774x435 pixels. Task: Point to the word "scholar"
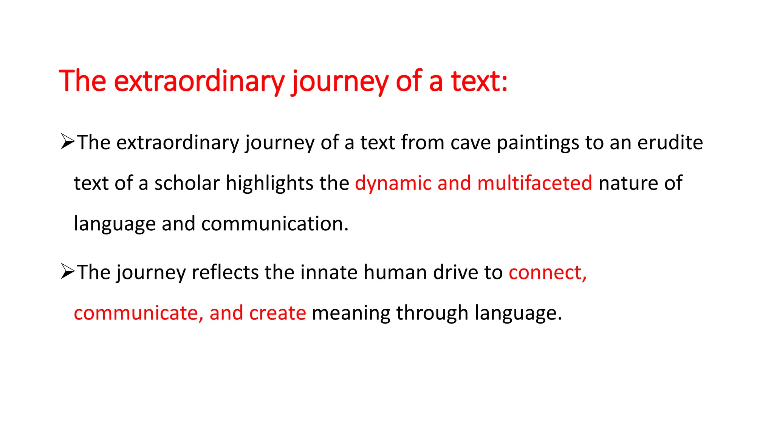click(187, 184)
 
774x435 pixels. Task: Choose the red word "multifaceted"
click(534, 184)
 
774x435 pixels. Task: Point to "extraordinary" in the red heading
click(199, 82)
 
